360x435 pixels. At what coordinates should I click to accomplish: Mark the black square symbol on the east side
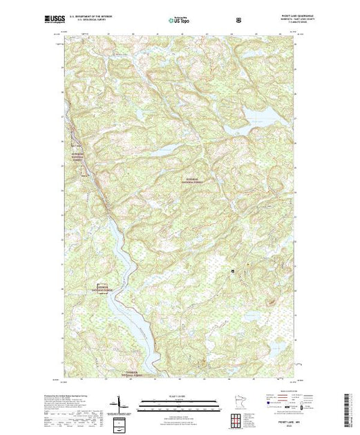point(233,271)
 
